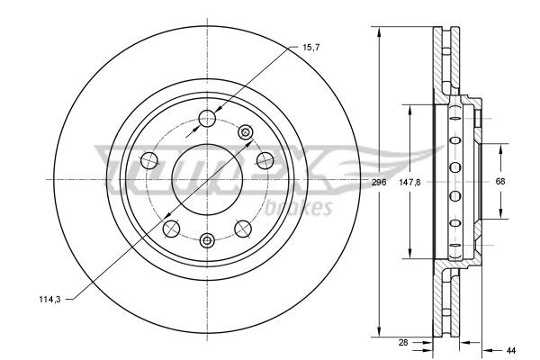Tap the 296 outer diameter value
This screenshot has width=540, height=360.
point(379,182)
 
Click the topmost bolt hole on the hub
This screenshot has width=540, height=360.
point(207,116)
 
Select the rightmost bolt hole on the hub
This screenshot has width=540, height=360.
point(265,160)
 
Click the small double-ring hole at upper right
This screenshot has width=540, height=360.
point(246,132)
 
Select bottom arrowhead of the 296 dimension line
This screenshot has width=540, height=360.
point(379,329)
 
